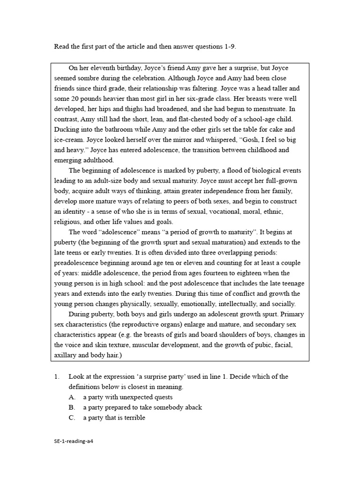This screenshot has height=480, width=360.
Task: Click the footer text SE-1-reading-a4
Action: click(x=76, y=441)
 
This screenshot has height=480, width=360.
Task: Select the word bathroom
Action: click(x=111, y=129)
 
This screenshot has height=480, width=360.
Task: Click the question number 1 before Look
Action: click(x=57, y=376)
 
